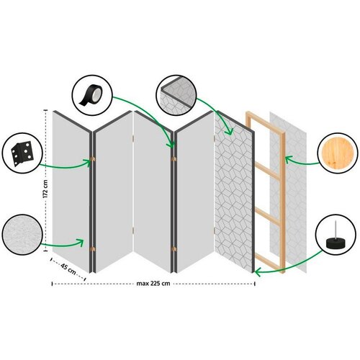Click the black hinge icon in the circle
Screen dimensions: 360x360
22,153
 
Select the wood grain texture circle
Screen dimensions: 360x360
338,153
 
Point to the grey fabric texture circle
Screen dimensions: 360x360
22,235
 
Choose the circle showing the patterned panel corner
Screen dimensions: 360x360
176,96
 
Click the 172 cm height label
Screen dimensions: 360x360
45,189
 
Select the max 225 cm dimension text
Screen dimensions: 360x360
153,284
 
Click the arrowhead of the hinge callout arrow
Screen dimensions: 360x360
88,162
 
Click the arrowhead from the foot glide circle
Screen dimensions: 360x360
257,272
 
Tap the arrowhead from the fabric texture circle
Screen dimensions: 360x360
81,243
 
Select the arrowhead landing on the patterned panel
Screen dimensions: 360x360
230,132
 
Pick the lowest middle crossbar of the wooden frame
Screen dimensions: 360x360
267,217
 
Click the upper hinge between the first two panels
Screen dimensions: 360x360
92,159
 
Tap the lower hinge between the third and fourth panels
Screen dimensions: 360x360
174,249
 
